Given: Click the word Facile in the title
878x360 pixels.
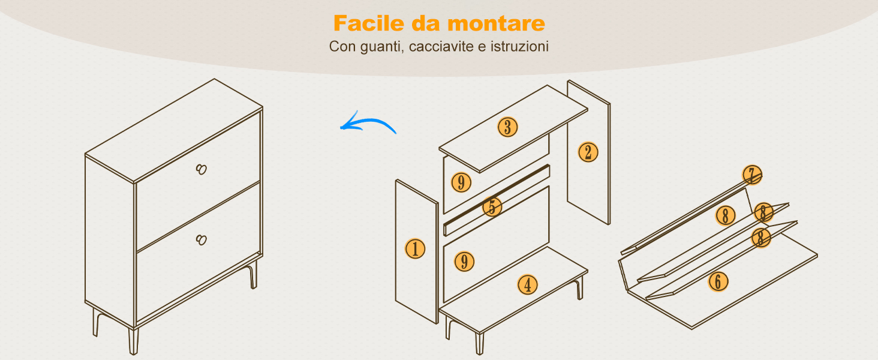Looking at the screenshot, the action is [363, 23].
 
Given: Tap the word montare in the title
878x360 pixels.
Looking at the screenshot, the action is [497, 24].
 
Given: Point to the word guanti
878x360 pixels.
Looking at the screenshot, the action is [382, 47].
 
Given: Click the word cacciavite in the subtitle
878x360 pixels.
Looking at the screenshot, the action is [441, 46].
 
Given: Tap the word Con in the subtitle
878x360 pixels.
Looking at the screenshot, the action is [342, 46].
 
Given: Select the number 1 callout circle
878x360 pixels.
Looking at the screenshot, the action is [415, 248].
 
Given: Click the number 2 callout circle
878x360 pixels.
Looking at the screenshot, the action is [588, 152].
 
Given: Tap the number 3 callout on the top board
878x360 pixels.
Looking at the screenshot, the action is [507, 127].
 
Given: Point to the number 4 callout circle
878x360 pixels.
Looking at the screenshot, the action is [528, 285].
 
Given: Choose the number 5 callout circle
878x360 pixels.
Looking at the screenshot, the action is [492, 206].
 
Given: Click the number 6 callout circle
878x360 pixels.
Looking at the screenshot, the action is [718, 281].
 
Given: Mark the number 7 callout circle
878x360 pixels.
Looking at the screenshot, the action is [752, 175].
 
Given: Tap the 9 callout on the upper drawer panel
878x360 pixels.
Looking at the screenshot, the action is [461, 182].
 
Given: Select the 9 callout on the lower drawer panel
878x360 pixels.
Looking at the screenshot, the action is [464, 262].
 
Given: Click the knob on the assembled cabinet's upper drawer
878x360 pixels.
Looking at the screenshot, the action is [202, 169].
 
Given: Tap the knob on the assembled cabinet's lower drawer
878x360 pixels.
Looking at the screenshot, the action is [202, 239].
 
